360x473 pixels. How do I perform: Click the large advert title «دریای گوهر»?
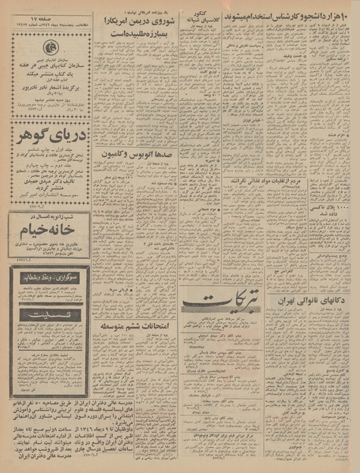pos(42,137)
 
